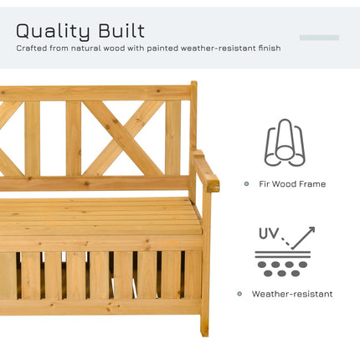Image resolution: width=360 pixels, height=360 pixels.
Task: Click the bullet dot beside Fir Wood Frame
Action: pyautogui.click(x=246, y=183)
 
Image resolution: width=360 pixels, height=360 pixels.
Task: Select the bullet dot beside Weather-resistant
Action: pyautogui.click(x=241, y=294)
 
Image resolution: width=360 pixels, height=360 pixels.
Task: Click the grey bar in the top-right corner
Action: pyautogui.click(x=319, y=38)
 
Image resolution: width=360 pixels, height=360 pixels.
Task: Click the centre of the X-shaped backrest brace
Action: pyautogui.click(x=123, y=136)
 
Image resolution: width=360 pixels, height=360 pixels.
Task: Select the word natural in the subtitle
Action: pyautogui.click(x=90, y=48)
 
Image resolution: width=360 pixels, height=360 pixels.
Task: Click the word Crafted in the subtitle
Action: pyautogui.click(x=34, y=48)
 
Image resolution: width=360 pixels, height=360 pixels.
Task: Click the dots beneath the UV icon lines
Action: pyautogui.click(x=282, y=267)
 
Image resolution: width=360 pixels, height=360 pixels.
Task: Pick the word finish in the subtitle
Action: pyautogui.click(x=267, y=48)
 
